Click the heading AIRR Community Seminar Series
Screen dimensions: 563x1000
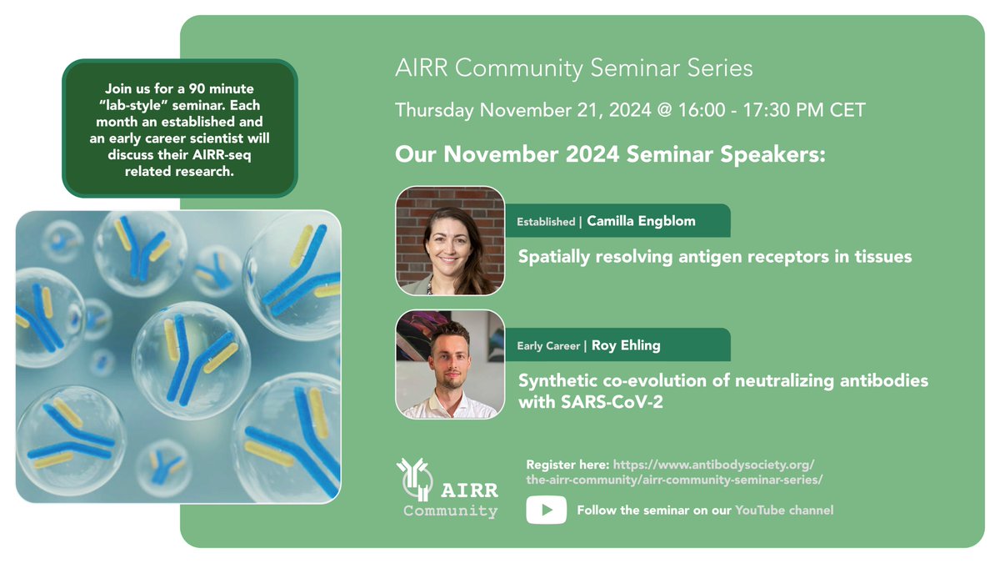[x=574, y=68]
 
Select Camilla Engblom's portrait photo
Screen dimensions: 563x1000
[x=450, y=241]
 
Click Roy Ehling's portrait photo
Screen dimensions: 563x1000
[x=450, y=364]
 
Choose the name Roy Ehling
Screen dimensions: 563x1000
[x=627, y=345]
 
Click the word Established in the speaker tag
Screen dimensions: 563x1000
[x=546, y=222]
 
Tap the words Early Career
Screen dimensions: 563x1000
[x=548, y=345]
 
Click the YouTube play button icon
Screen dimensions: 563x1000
[x=546, y=510]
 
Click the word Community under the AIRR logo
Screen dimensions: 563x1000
[x=450, y=511]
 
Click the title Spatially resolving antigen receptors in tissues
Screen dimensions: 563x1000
[x=715, y=257]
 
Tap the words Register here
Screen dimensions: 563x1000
[x=567, y=464]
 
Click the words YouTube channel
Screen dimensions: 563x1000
[x=783, y=510]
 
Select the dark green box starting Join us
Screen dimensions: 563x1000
[x=179, y=128]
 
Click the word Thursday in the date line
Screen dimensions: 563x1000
[x=434, y=110]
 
